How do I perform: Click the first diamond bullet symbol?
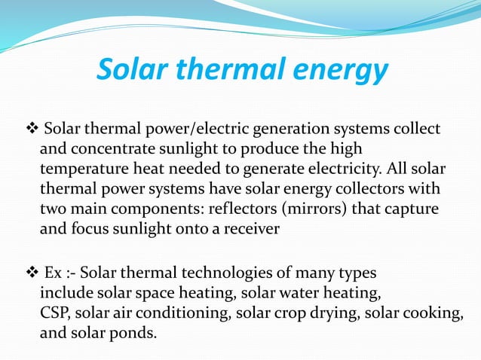click(32, 128)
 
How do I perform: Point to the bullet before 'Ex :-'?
click(32, 271)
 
